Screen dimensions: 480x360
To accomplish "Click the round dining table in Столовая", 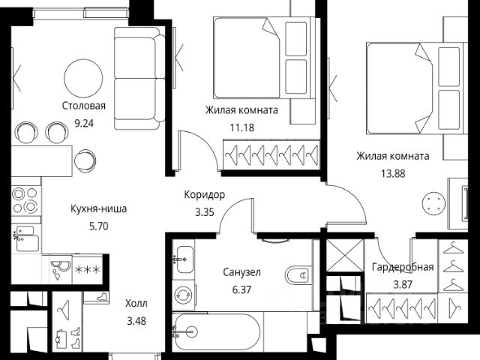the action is coord(83,78).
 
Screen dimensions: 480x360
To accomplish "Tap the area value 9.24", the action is coord(84,123).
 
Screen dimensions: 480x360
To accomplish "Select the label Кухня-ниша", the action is coord(98,209).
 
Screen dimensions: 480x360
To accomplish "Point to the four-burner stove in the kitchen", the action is coord(25,200).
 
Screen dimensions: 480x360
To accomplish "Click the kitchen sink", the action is coord(27,238).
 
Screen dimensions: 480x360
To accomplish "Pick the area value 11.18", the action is coord(241,127).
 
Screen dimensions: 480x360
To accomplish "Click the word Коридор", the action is coord(205,195).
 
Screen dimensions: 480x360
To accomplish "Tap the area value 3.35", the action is coord(205,212).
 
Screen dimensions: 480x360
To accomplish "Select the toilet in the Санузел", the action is coord(299,275).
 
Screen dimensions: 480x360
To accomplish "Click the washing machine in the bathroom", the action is coord(183,295).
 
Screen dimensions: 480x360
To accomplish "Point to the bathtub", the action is coord(216,332).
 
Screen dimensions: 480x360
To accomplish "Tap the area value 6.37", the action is coord(241,289).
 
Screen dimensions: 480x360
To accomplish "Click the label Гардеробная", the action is coord(403,267).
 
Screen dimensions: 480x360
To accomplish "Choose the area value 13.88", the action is coord(393,173).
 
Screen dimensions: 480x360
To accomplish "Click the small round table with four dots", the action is coord(433,203).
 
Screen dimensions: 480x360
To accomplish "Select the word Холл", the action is coord(136,303).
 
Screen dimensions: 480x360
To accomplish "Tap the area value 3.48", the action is coord(136,321).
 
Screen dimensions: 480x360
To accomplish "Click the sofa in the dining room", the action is coord(139,78).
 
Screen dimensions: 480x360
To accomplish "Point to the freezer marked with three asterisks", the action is coord(88,269).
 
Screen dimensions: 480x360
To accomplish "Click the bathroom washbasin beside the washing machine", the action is coord(183,259).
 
